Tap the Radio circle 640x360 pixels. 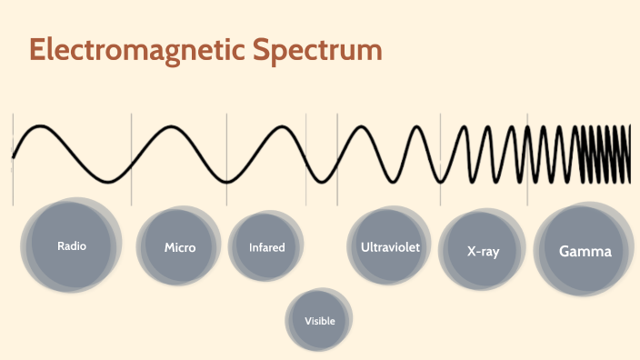pyautogui.click(x=72, y=245)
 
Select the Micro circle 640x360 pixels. pyautogui.click(x=180, y=246)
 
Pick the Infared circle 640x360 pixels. pyautogui.click(x=266, y=246)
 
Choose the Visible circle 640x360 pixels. pyautogui.click(x=319, y=320)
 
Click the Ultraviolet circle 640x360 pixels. pyautogui.click(x=390, y=245)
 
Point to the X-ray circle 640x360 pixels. pyautogui.click(x=483, y=251)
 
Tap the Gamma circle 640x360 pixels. pyautogui.click(x=585, y=251)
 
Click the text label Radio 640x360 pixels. pyautogui.click(x=72, y=245)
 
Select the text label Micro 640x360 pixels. pyautogui.click(x=180, y=247)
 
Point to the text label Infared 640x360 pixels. pyautogui.click(x=267, y=247)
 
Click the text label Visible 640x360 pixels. pyautogui.click(x=320, y=321)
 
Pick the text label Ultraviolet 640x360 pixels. pyautogui.click(x=390, y=246)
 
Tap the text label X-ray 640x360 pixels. pyautogui.click(x=483, y=251)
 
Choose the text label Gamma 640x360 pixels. pyautogui.click(x=585, y=252)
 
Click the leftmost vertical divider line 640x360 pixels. pyautogui.click(x=13, y=159)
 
